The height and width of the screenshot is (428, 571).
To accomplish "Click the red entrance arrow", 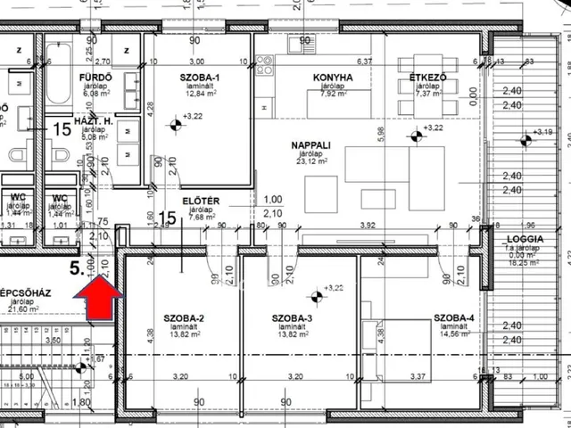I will pos(97,297).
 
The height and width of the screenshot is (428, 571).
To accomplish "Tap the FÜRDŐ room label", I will pos(95,77).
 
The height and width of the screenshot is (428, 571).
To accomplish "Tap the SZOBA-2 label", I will pos(184,318).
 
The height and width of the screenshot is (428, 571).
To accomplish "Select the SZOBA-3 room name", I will pos(293,318).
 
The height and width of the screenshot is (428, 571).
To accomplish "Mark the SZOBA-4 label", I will pos(455,318).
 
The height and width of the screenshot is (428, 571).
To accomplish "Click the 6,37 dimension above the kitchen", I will pos(364,62).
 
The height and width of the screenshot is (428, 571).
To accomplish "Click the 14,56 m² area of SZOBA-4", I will pos(455,336).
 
